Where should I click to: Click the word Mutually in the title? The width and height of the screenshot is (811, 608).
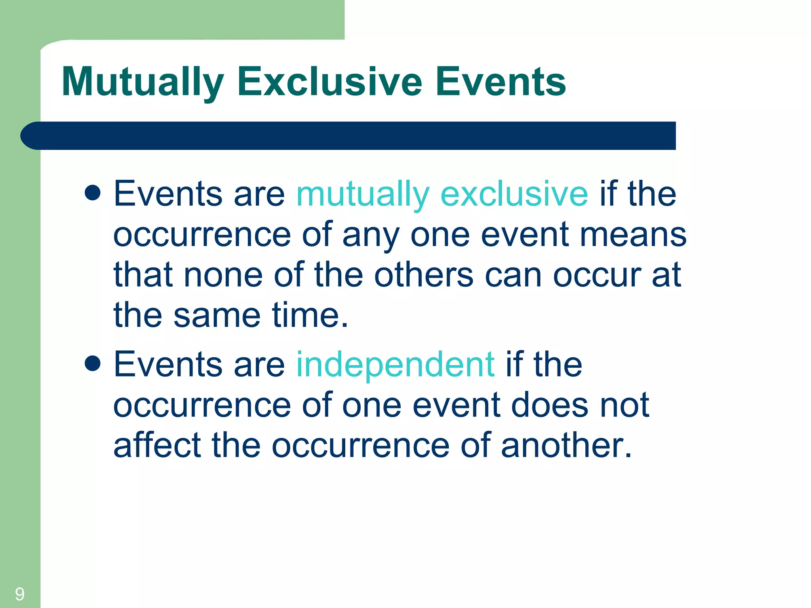pyautogui.click(x=143, y=82)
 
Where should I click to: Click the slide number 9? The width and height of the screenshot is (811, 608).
pyautogui.click(x=19, y=594)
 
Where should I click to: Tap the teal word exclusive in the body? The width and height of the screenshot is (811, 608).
pyautogui.click(x=514, y=194)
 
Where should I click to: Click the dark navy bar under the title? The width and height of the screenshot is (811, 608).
pyautogui.click(x=348, y=136)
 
